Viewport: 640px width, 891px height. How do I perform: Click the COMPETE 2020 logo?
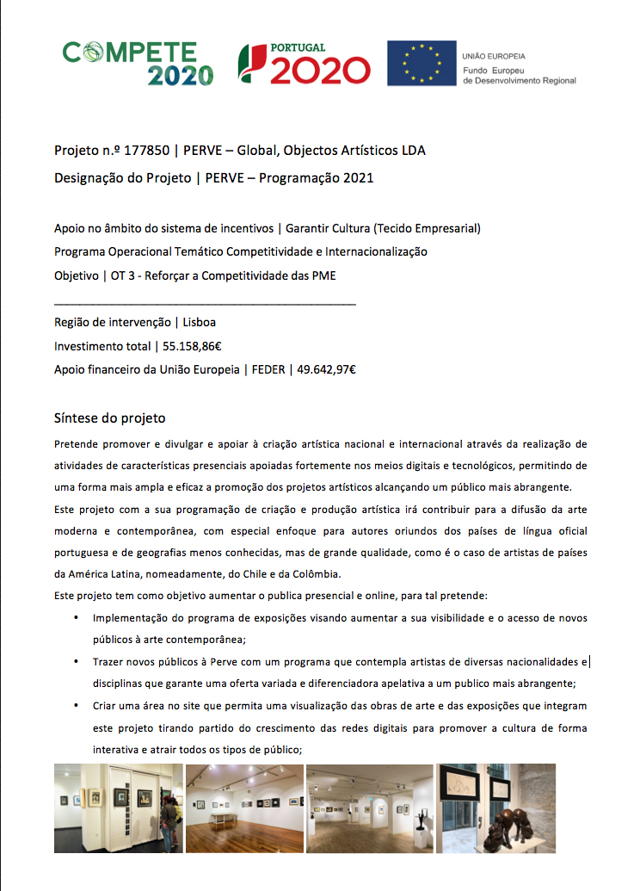pyautogui.click(x=138, y=64)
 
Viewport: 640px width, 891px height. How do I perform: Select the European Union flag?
pyautogui.click(x=421, y=63)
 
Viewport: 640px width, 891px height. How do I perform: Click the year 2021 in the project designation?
pyautogui.click(x=357, y=178)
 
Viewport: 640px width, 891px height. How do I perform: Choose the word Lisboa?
pyautogui.click(x=200, y=322)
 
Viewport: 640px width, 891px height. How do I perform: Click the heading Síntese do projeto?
pyautogui.click(x=109, y=418)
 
